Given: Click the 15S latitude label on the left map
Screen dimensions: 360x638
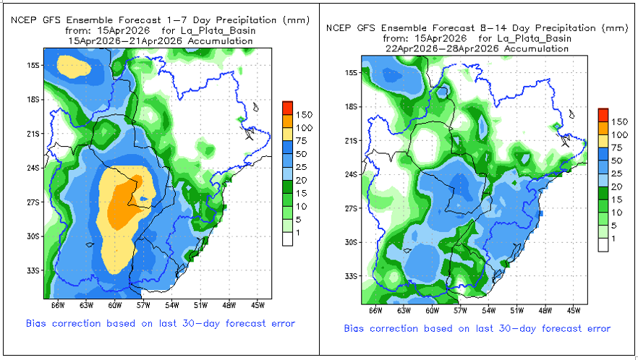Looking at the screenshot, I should click(33, 65).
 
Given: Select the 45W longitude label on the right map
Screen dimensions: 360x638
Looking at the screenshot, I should click(574, 312).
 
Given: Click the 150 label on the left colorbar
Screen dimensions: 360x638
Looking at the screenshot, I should click(304, 115).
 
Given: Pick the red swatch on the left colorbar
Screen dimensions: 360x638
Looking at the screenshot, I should click(287, 107).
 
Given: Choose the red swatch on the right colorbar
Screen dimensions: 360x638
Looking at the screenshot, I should click(603, 114).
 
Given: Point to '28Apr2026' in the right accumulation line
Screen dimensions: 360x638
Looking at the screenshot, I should click(467, 48).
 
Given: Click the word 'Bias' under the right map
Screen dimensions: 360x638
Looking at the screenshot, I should click(356, 329).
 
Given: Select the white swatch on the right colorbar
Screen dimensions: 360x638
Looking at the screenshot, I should click(603, 245).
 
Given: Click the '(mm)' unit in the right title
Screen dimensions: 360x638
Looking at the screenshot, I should click(615, 28).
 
